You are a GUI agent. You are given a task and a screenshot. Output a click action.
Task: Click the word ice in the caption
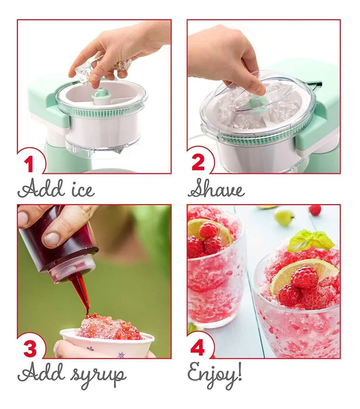[83, 190]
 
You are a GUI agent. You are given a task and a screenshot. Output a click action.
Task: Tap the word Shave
[216, 188]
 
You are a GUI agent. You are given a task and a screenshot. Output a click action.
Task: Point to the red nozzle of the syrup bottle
[80, 292]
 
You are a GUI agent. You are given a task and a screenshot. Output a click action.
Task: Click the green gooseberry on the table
[283, 217]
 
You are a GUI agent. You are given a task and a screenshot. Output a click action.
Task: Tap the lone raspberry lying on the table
[315, 210]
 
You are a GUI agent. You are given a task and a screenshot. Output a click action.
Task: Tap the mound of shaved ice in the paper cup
[110, 328]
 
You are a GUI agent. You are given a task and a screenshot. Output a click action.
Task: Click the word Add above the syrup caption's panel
[41, 188]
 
